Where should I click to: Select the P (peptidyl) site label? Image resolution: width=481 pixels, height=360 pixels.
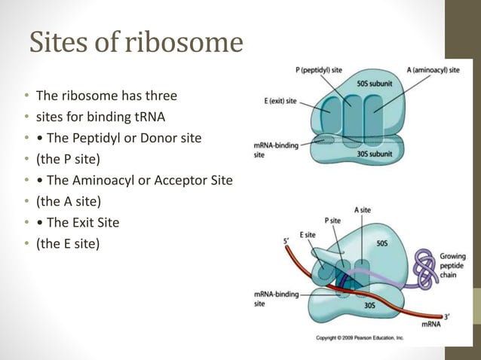tap(324, 70)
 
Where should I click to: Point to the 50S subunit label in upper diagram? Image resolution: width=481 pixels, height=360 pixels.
tap(372, 84)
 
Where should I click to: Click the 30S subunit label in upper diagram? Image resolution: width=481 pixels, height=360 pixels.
tap(375, 153)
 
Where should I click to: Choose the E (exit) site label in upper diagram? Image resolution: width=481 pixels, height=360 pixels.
tap(280, 99)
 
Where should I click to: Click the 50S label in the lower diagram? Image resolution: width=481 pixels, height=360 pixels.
tap(382, 244)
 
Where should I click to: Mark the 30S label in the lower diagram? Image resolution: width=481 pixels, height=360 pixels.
tap(369, 306)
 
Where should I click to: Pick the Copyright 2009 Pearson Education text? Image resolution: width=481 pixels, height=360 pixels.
tap(360, 338)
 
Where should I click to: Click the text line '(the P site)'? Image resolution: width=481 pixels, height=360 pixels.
tap(68, 160)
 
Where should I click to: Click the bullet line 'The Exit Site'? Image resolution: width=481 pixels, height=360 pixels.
tap(83, 223)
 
